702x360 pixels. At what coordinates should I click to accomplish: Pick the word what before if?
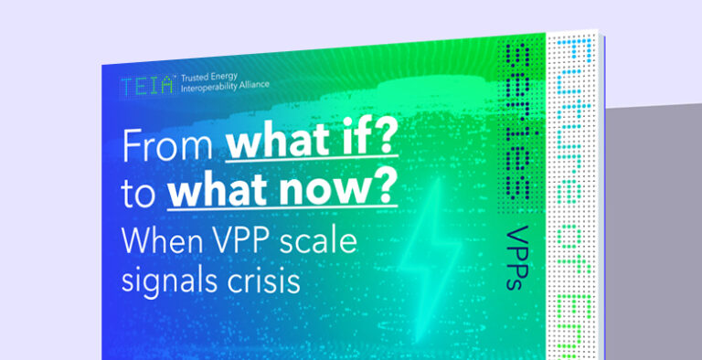coord(272,147)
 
